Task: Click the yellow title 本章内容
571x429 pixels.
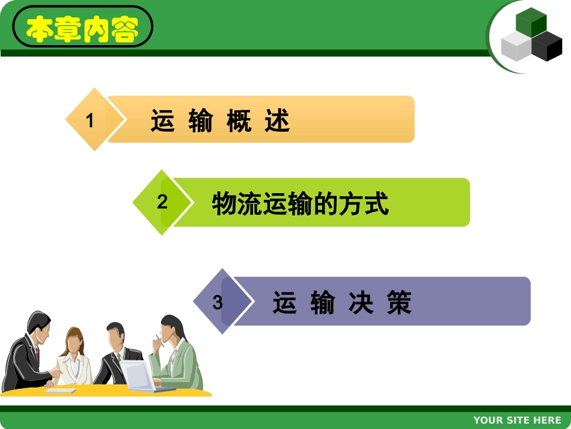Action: (82, 28)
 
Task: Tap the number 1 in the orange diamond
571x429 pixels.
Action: (90, 121)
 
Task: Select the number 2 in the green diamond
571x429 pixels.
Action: (162, 202)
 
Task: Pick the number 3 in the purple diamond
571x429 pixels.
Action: (218, 302)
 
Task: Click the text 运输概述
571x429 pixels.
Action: (221, 121)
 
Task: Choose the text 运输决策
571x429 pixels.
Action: (342, 303)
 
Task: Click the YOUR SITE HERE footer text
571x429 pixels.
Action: (517, 420)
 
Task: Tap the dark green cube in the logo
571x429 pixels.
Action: (531, 23)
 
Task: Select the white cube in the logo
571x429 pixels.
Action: (515, 46)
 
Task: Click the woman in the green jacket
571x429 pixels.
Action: (177, 355)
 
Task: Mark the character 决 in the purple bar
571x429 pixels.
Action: (361, 303)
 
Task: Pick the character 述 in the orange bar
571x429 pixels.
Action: (277, 121)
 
